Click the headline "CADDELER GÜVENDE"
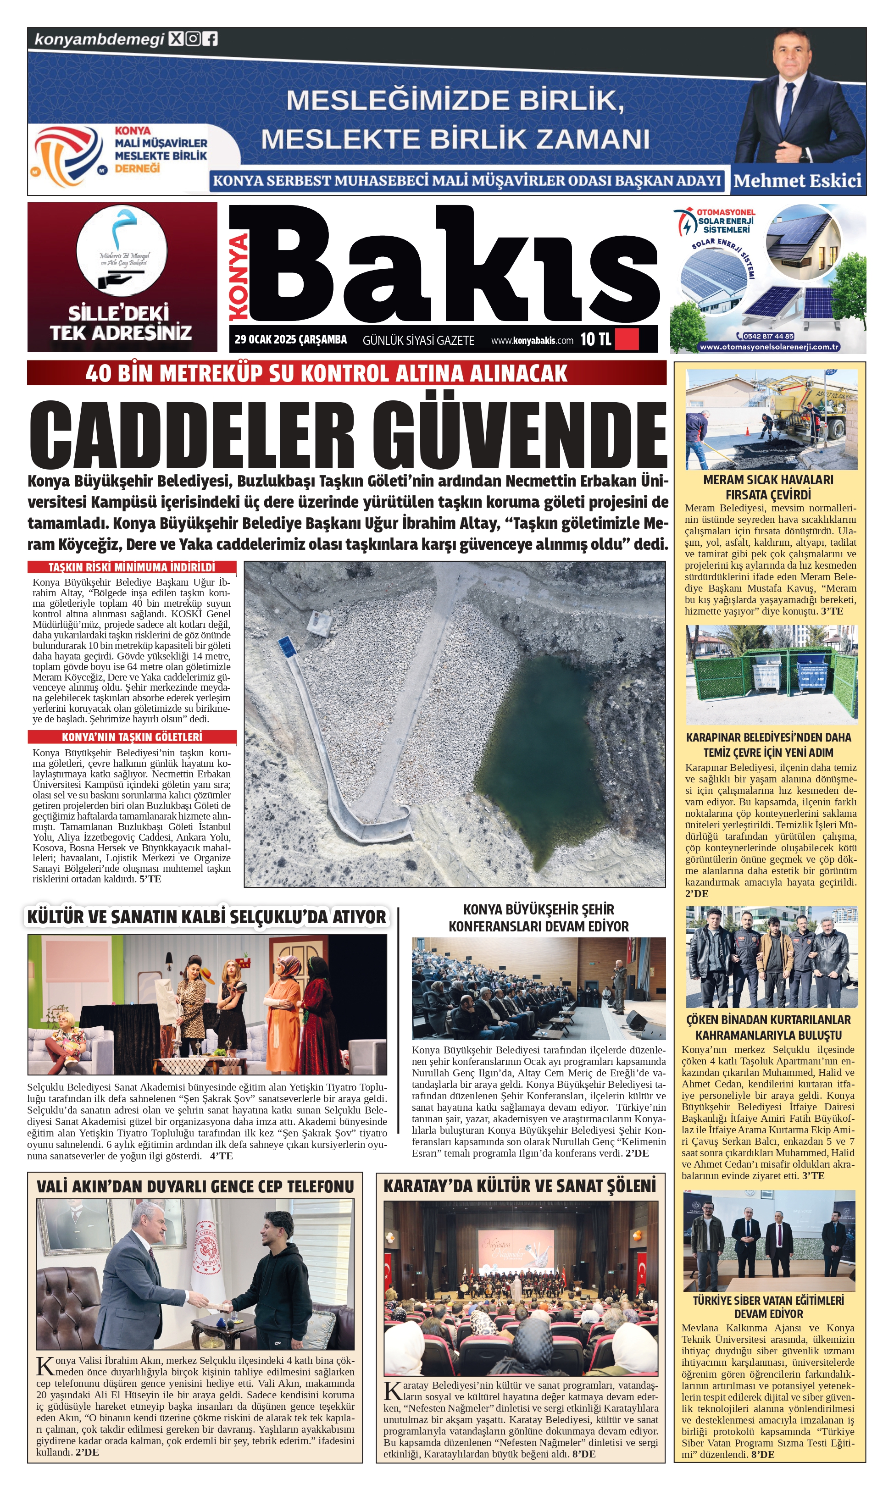pos(348,434)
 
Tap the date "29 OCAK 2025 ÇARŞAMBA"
pos(291,340)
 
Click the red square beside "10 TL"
pos(627,339)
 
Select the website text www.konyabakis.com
pos(532,341)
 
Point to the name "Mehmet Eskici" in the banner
pos(797,181)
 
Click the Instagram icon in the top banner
pos(193,39)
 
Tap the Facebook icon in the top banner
pos(210,39)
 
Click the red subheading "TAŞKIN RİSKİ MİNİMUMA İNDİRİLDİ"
pos(132,567)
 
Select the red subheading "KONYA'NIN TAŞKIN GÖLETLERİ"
pos(132,737)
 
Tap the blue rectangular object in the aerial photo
pos(287,646)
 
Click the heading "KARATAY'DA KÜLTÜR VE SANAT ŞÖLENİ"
pos(519,1186)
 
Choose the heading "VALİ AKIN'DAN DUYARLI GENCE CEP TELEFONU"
pos(195,1186)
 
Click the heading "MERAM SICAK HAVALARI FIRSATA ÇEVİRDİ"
pos(768,487)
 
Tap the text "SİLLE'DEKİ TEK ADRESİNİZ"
pos(121,323)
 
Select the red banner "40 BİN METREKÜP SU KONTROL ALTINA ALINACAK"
pos(327,373)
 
